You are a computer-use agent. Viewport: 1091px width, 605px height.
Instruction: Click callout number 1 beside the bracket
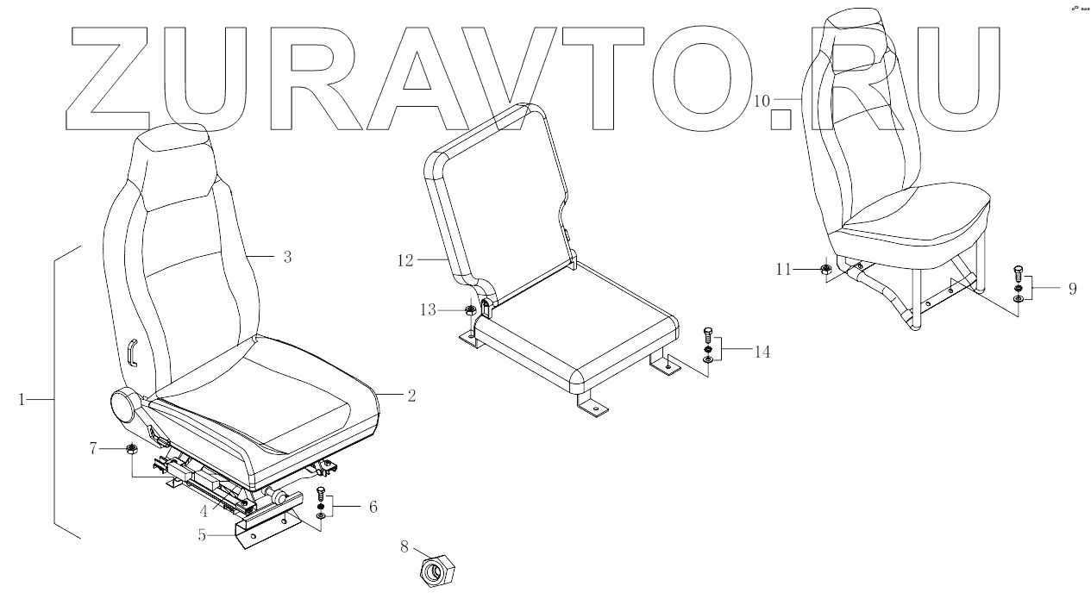tap(23, 399)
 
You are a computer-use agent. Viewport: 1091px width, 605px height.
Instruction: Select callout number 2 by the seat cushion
tap(411, 396)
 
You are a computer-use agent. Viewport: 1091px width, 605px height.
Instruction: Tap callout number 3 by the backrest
tap(287, 257)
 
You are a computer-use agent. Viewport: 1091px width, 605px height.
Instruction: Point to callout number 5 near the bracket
tap(202, 534)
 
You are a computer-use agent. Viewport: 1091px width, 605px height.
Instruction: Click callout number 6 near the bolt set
tap(373, 507)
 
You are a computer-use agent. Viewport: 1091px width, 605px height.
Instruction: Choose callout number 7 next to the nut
tap(94, 448)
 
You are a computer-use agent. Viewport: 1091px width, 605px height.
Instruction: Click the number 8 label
tap(404, 546)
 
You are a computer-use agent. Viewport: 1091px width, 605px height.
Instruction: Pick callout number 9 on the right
tap(1072, 289)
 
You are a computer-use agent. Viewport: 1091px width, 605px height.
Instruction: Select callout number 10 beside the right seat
tap(762, 101)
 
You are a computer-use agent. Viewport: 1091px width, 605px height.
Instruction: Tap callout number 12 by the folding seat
tap(405, 259)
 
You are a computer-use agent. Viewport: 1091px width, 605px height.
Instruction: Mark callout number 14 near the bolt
tap(762, 352)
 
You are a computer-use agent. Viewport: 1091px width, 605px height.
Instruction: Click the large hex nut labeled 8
tap(438, 571)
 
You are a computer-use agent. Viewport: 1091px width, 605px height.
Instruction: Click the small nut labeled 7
tap(132, 449)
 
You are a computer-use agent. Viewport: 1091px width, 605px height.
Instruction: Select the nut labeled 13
tap(470, 311)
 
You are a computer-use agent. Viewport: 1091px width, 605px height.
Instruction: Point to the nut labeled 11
tap(825, 270)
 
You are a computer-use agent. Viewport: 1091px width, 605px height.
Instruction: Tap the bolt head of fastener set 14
tap(707, 330)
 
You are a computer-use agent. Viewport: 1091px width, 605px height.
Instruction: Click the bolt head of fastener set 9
tap(1019, 270)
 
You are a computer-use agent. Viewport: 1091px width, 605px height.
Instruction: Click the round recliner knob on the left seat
tap(127, 403)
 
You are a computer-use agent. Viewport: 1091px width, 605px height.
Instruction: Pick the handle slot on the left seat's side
tap(132, 352)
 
